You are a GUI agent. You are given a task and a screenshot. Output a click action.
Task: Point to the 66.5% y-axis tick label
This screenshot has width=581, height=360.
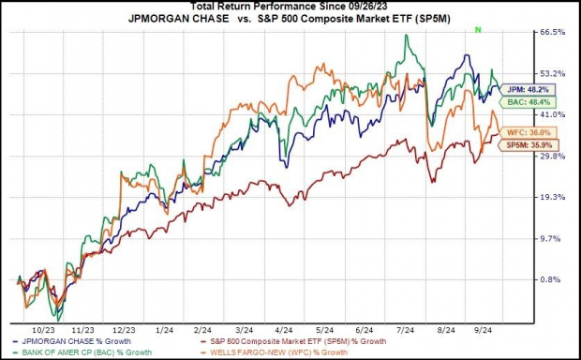click(x=552, y=32)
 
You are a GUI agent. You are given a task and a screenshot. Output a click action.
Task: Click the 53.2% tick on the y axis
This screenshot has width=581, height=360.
click(x=552, y=73)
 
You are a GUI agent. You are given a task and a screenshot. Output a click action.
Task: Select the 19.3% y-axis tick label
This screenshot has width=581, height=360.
click(x=552, y=197)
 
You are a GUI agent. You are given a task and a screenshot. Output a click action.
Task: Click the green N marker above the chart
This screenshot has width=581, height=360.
click(x=478, y=31)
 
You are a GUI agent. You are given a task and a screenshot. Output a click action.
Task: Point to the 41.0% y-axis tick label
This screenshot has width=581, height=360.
click(x=552, y=114)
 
